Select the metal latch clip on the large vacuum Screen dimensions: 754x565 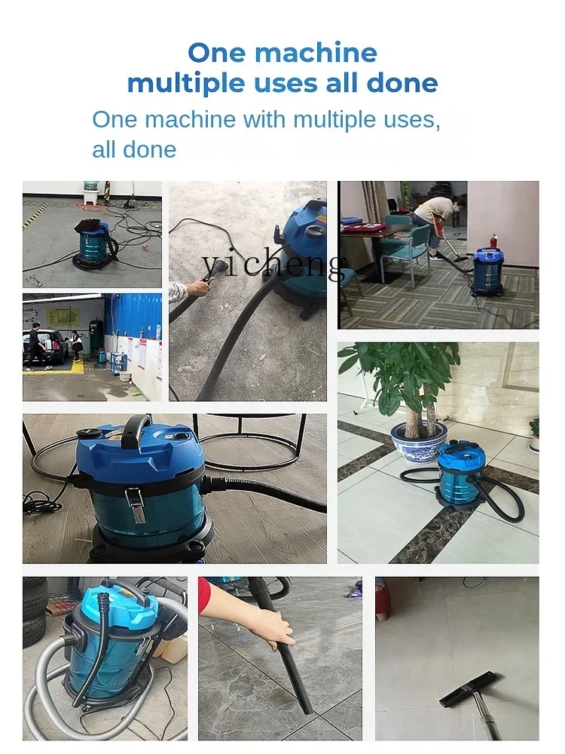coord(136,504)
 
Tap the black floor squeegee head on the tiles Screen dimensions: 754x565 coord(469,689)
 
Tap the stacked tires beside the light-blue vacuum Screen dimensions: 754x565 coord(35,611)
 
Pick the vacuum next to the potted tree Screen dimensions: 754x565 coord(460,474)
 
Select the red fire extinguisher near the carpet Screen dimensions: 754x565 coord(494,243)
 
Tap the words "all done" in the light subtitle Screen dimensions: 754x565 coord(133,149)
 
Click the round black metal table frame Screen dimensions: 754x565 coord(249,445)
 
